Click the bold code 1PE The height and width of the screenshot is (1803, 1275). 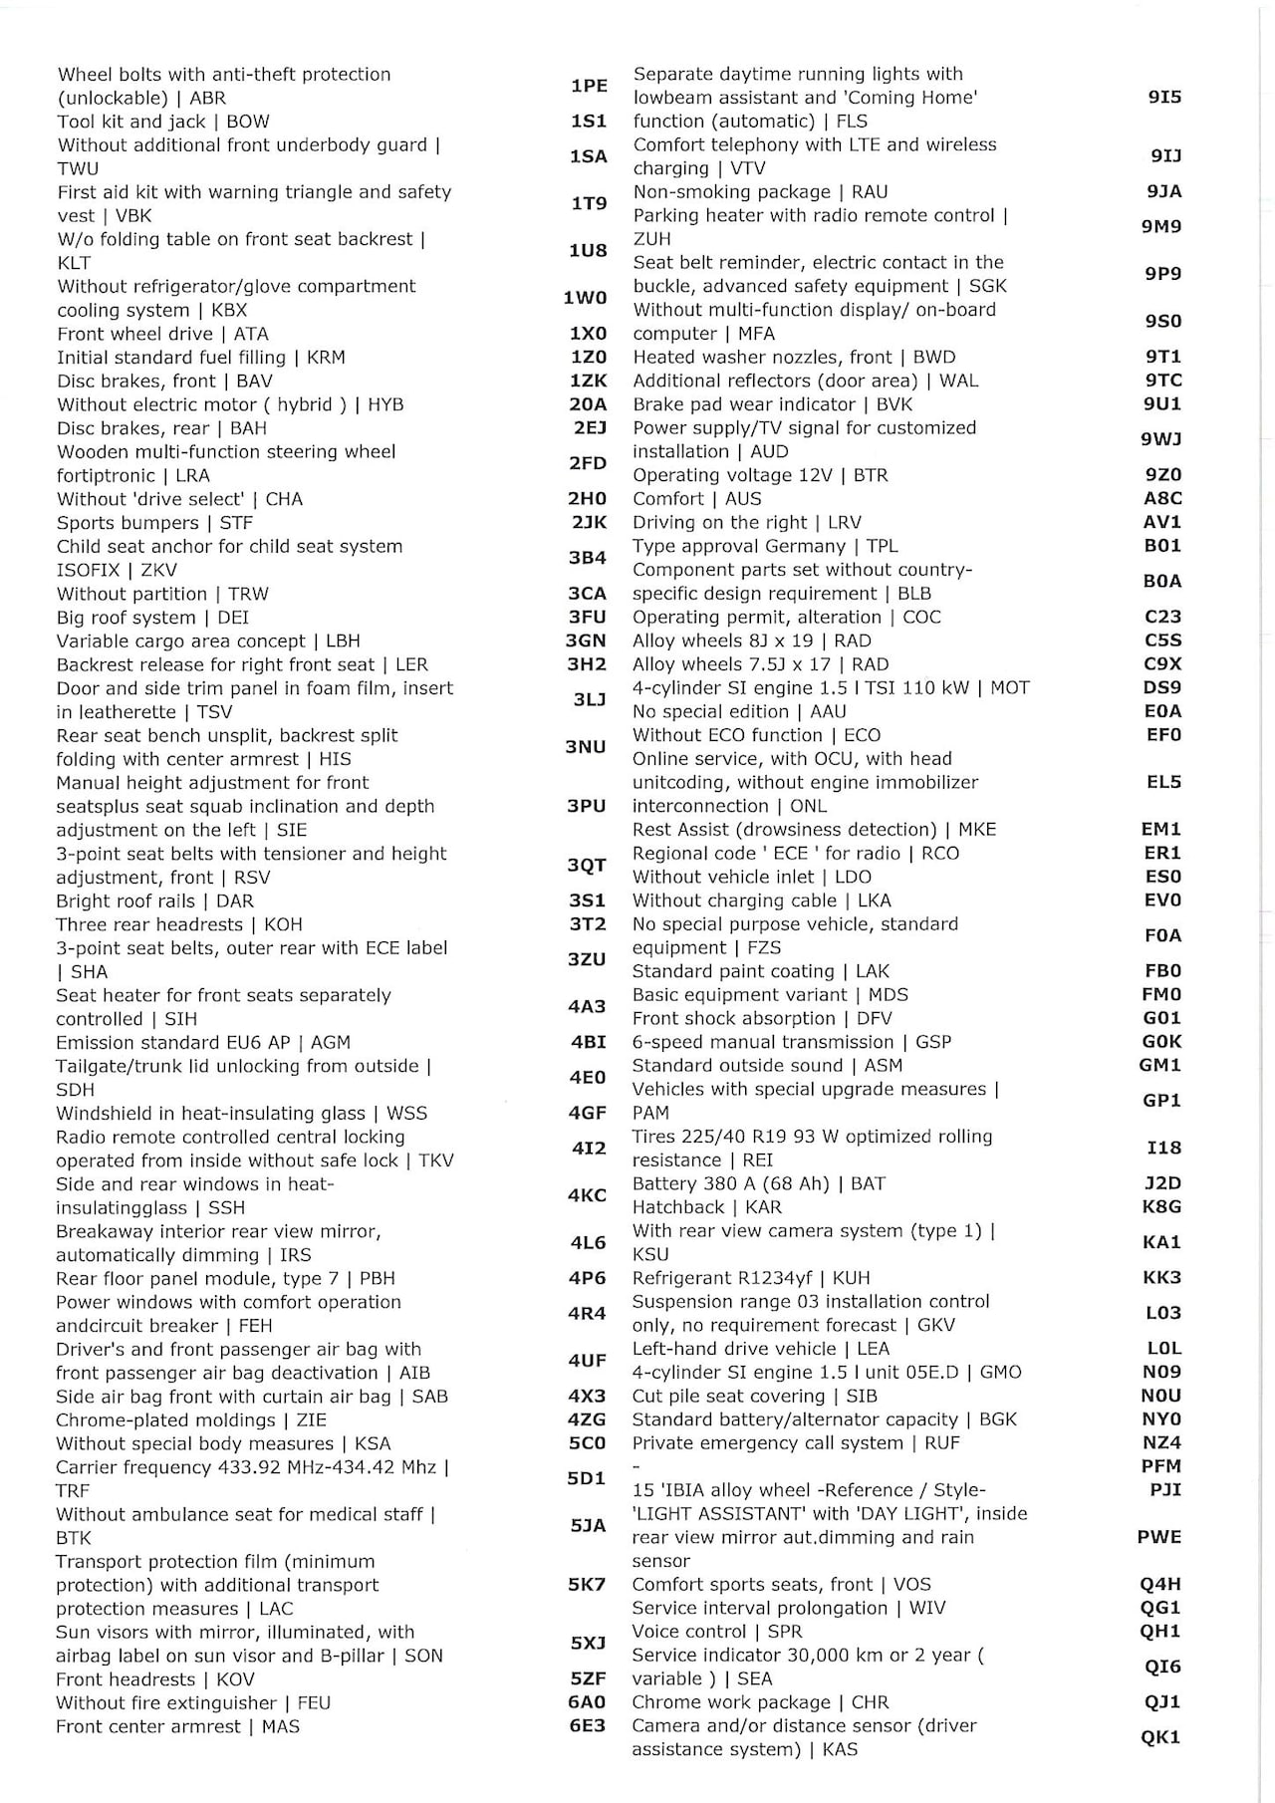[589, 86]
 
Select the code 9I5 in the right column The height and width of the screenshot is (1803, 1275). [1163, 97]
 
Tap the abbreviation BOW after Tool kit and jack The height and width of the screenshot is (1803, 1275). [248, 122]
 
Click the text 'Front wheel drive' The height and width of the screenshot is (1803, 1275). [134, 334]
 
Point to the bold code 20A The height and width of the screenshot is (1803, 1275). [588, 403]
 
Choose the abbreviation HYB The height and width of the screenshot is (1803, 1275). [385, 404]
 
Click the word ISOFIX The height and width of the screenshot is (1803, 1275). [88, 570]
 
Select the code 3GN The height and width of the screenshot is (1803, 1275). [586, 641]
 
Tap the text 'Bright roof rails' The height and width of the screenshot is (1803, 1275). [125, 901]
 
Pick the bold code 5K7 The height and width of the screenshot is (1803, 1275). [587, 1584]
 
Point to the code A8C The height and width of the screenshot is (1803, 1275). [1162, 498]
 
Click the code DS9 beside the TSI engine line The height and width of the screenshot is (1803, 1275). [1162, 687]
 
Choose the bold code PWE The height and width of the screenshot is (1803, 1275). [1159, 1537]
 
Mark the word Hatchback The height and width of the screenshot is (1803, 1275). [678, 1206]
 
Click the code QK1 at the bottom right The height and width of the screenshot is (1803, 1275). [1160, 1737]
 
